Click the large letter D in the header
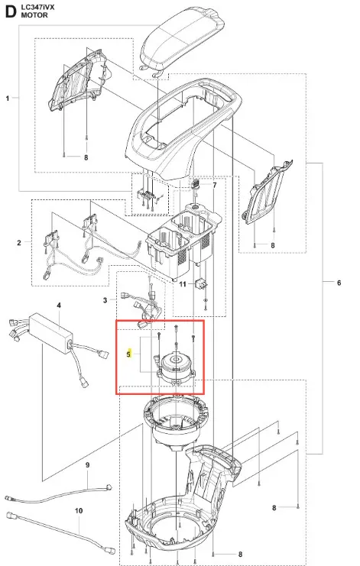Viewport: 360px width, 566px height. point(11,11)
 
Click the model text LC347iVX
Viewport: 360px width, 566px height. point(38,7)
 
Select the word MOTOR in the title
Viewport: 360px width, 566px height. point(34,15)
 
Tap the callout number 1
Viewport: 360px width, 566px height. point(8,99)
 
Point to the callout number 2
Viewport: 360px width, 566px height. point(19,243)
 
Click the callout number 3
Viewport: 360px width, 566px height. point(105,300)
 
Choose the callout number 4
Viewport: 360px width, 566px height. point(59,306)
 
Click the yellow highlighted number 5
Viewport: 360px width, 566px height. point(128,354)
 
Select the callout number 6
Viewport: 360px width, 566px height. point(339,283)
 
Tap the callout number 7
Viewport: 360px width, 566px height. point(215,185)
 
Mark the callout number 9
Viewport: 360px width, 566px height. point(87,465)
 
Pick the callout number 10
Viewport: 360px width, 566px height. point(79,511)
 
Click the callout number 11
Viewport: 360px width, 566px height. point(183,284)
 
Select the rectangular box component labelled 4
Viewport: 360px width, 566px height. point(50,330)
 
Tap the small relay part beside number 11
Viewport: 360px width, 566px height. point(202,284)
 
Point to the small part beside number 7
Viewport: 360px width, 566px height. point(196,183)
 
